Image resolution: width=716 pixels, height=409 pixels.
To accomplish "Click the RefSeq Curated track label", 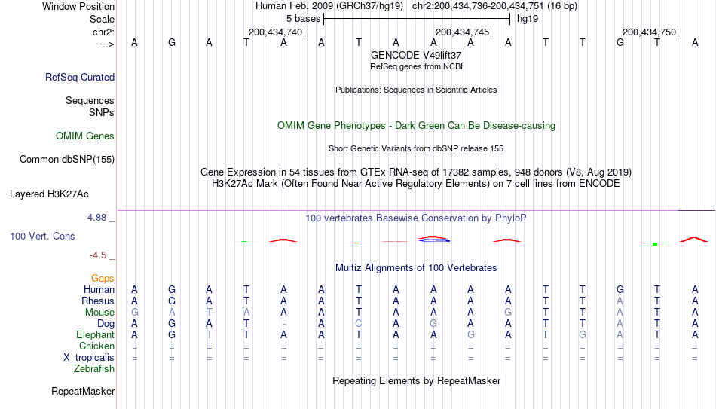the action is [80, 77].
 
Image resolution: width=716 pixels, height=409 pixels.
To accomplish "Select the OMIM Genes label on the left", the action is [85, 136].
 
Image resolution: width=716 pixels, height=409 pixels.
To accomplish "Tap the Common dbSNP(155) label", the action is [67, 160].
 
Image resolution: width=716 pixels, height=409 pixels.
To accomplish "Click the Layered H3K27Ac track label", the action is [49, 194].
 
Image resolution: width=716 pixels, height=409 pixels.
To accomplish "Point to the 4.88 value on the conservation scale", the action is [96, 218].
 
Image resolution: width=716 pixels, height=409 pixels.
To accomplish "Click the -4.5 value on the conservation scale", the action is [98, 255].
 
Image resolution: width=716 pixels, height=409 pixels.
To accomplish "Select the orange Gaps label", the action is [103, 279].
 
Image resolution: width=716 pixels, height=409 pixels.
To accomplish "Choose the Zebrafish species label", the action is [94, 369].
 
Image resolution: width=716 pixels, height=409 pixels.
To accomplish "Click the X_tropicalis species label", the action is [89, 358].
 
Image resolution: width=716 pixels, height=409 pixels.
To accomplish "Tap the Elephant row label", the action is [96, 335].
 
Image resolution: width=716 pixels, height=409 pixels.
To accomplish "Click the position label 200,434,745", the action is [463, 32].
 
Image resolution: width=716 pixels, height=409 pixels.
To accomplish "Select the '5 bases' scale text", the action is [304, 19].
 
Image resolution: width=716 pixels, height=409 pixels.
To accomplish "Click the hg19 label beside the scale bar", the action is [528, 19].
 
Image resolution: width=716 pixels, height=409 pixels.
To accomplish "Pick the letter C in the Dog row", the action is [359, 324].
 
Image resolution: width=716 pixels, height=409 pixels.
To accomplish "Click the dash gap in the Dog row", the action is [284, 324].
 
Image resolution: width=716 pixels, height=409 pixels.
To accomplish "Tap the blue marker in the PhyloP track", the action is [434, 240].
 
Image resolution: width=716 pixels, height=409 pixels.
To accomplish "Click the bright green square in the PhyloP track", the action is [655, 244].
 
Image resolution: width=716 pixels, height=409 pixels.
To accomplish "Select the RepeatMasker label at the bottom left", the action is [83, 391].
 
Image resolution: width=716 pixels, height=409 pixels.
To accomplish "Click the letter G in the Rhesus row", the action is [172, 301].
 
